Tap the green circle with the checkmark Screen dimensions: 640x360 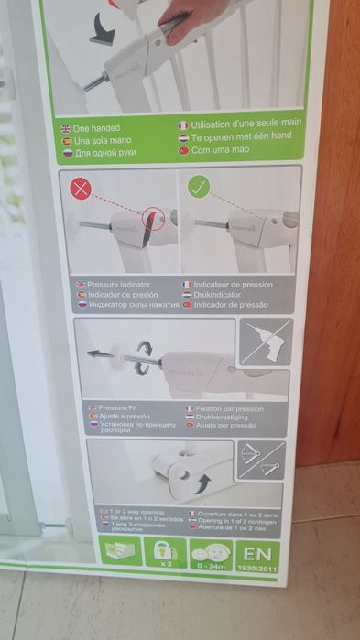(x=198, y=190)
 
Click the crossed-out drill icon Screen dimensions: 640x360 (x=265, y=343)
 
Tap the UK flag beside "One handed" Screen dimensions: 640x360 (x=65, y=129)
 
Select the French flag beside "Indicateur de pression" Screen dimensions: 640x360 (x=186, y=284)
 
